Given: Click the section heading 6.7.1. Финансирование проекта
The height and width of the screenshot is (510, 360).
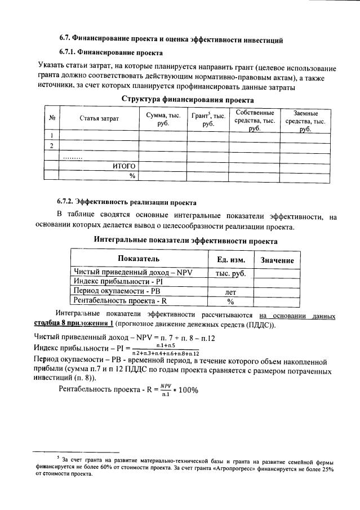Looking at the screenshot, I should coord(110,53).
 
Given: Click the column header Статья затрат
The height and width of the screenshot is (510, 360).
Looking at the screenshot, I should coord(99,119).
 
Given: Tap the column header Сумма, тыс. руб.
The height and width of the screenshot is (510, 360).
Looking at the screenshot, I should coord(163,119).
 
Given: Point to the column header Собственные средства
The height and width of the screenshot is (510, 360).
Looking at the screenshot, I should coord(255,119).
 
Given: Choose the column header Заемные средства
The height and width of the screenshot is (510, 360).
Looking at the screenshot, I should coord(305,120).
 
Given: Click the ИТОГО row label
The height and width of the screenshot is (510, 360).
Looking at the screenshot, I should coord(124,166).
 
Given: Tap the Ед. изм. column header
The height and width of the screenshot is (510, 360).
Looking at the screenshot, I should coord(230,260).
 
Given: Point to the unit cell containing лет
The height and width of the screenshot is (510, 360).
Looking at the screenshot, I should coord(230,292).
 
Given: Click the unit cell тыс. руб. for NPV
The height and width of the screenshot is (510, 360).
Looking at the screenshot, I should coord(230,273).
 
